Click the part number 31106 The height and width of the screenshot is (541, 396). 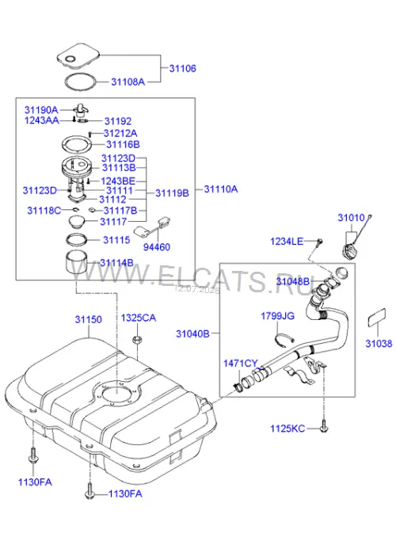click(182, 68)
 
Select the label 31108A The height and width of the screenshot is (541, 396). click(128, 82)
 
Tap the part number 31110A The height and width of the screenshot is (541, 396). click(221, 189)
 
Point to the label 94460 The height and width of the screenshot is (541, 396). click(157, 247)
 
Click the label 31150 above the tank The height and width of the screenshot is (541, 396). click(89, 319)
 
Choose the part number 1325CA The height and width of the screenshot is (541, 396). click(139, 318)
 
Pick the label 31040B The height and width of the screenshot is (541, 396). click(192, 333)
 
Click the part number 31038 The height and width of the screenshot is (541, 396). click(379, 343)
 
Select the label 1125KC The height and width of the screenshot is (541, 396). click(287, 429)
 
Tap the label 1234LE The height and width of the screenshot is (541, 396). click(287, 241)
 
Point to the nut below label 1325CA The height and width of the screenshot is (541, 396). click(136, 340)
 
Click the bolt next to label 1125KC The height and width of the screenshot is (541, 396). click(324, 426)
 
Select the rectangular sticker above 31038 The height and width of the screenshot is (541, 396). click(376, 318)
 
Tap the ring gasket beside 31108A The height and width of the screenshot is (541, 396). click(81, 83)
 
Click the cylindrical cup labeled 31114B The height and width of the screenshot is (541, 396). click(76, 263)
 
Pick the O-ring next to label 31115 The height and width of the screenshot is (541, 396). click(76, 239)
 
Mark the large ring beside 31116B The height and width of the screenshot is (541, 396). click(77, 145)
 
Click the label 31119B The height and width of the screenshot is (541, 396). click(172, 193)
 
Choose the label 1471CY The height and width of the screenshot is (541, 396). click(241, 364)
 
